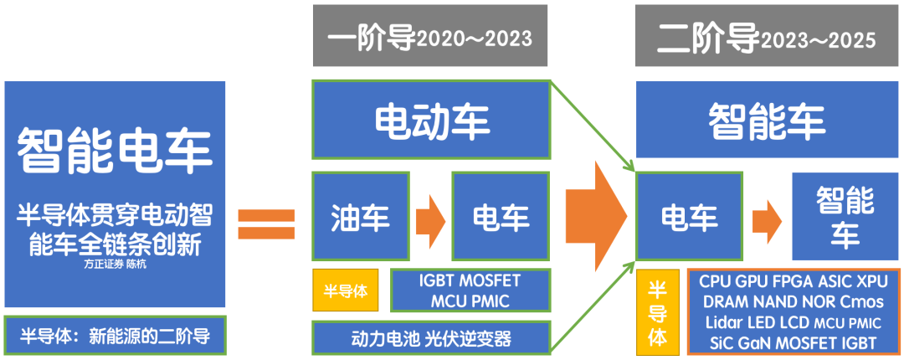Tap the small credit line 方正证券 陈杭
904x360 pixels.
[114, 265]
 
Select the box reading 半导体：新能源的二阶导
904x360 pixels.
[115, 335]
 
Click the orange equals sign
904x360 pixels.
[266, 224]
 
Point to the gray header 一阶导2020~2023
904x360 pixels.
[430, 36]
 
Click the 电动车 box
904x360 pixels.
[431, 120]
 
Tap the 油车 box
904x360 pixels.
[360, 216]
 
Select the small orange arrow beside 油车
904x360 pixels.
[431, 221]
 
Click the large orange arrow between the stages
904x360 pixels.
[596, 214]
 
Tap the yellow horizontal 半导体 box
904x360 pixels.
[346, 291]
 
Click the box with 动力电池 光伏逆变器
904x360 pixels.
[431, 337]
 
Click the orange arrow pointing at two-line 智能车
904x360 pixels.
[767, 221]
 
